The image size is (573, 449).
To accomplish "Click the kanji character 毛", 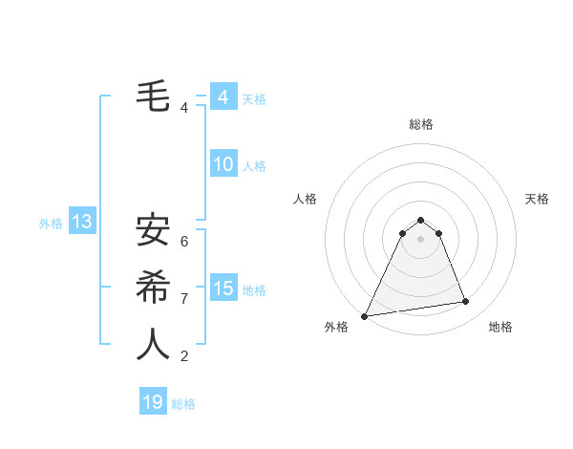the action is (153, 96).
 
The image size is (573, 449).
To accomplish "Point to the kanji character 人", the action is (153, 344).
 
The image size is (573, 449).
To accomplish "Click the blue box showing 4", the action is (223, 97).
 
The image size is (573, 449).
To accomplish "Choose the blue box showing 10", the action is (223, 164).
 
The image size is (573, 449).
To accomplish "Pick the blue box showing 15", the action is (223, 289).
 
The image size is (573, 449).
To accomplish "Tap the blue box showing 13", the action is (81, 223).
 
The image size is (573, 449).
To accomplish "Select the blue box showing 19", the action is (153, 402).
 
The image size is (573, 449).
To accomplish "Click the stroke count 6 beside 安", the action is (184, 242).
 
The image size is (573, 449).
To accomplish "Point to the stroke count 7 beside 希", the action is (184, 299).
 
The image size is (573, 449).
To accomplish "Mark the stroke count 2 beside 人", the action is (184, 356).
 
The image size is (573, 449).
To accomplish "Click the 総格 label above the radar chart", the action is (420, 124).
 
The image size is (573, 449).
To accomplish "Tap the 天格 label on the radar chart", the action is (537, 199).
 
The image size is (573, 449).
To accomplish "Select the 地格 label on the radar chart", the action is (500, 327).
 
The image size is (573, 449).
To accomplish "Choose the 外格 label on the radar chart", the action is (336, 327).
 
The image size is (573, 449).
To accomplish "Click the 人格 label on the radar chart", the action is (305, 199).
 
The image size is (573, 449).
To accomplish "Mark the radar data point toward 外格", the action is (365, 316).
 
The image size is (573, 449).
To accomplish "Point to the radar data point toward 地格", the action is (466, 302).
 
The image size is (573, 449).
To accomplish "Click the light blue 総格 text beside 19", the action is (183, 404).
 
